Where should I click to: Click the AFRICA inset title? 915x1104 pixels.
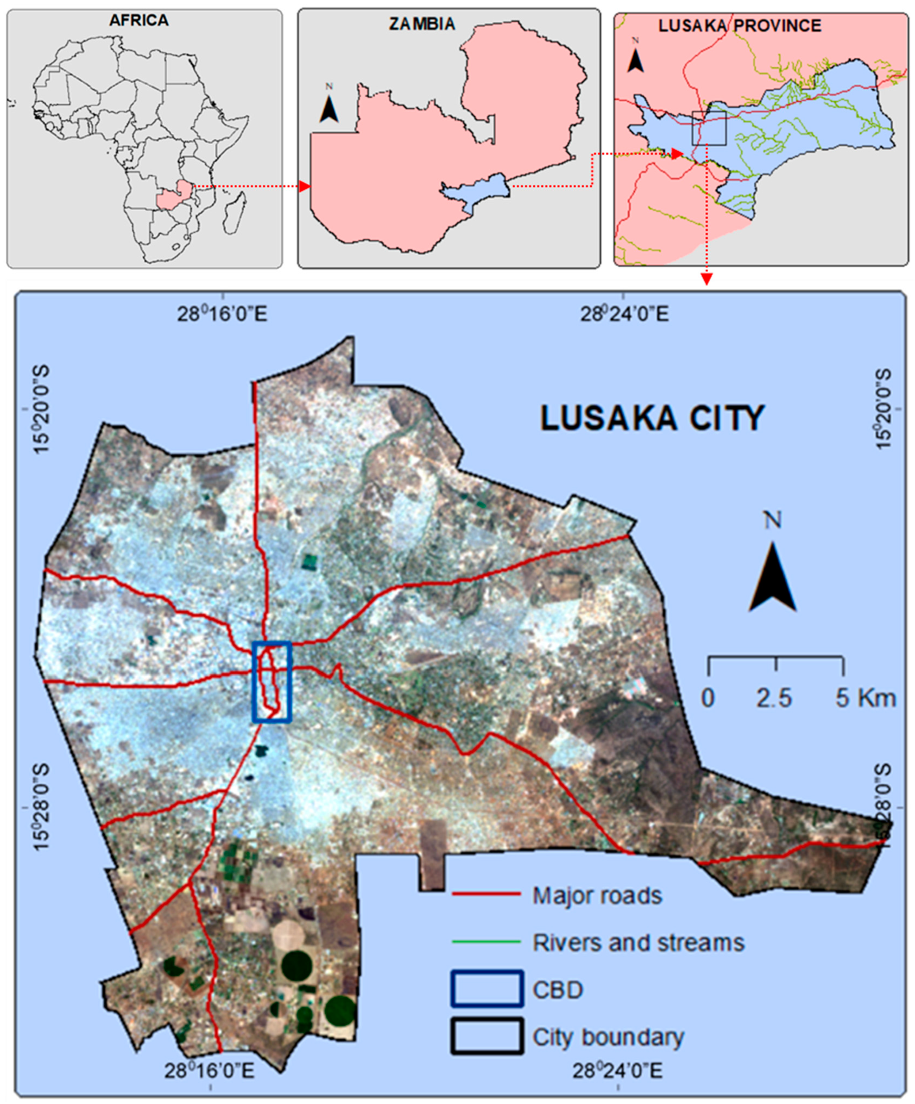[139, 21]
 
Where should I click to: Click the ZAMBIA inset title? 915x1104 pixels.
[422, 24]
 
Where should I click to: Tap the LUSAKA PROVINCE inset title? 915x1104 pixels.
[740, 26]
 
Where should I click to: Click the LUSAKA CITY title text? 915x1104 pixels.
[652, 419]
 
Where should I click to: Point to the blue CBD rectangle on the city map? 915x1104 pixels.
[271, 682]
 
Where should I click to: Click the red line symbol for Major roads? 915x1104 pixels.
[487, 894]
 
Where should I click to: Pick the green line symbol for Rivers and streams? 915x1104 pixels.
[487, 942]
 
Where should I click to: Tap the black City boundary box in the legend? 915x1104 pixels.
[487, 1037]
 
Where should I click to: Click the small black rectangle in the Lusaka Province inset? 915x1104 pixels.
[709, 128]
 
